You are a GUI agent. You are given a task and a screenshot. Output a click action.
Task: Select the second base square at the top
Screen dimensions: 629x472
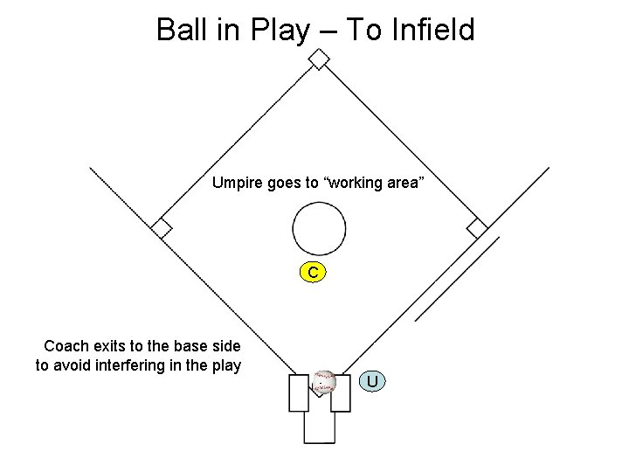coord(320,59)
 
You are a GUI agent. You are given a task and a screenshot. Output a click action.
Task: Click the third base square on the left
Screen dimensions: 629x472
coord(161,228)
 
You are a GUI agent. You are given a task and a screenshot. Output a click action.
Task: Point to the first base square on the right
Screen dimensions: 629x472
coord(477,228)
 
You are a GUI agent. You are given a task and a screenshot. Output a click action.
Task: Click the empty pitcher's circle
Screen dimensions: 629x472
coord(319,228)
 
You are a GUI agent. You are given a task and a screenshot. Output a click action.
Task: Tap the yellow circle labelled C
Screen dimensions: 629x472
coord(313,273)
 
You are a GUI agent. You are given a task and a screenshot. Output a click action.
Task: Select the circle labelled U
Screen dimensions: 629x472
coord(372,382)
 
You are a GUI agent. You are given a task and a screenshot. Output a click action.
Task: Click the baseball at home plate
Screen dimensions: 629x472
coord(324,381)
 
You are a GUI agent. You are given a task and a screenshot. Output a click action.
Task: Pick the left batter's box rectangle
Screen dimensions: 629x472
coord(299,392)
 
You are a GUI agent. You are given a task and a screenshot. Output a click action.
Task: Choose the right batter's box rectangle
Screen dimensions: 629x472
coord(341,392)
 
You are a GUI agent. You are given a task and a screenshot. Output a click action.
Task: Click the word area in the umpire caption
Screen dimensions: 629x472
coord(406,184)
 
